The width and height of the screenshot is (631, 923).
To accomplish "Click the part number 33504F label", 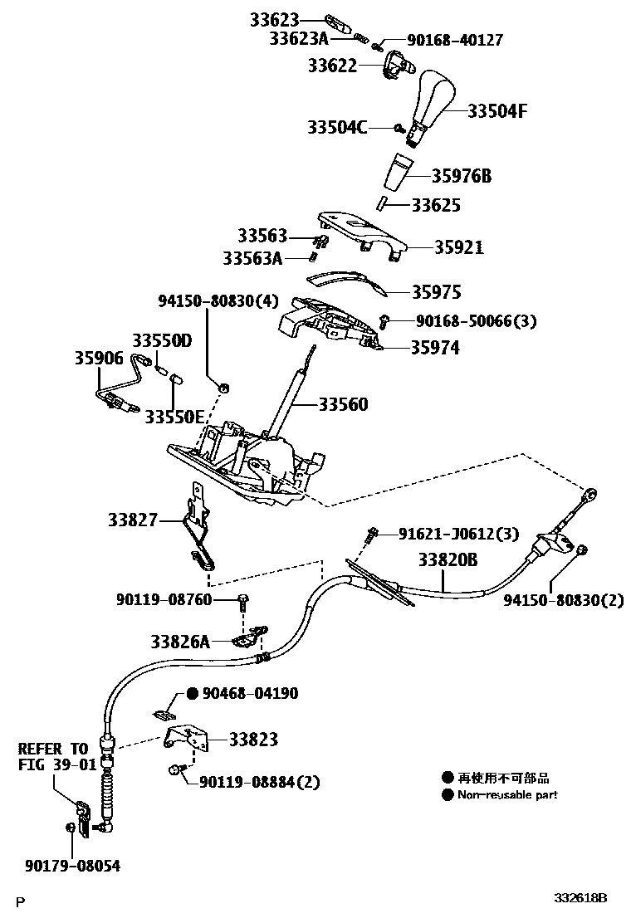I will tap(498, 110).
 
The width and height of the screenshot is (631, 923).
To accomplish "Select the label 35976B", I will tap(462, 176).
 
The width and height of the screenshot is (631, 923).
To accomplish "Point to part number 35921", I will tap(457, 247).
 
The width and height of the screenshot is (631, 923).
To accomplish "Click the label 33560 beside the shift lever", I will tap(342, 405).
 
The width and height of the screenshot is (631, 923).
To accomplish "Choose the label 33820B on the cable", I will tap(448, 560).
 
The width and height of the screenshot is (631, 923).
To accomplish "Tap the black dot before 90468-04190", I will tap(191, 693).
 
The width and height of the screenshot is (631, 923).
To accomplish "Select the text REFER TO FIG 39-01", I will tap(53, 755).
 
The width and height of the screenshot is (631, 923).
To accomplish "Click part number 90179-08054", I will tap(71, 866).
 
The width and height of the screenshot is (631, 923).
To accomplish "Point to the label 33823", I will tap(253, 739).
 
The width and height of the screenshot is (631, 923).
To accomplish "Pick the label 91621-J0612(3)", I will tap(447, 533).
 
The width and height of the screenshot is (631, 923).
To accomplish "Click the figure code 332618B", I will tap(582, 898).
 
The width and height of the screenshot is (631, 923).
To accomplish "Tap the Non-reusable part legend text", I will tap(506, 795).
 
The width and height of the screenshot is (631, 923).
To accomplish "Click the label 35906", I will tap(98, 359).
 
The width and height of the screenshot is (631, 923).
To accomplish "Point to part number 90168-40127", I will tap(454, 39).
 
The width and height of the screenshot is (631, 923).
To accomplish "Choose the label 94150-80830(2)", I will tap(563, 599).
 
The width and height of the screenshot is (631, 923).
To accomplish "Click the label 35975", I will tap(438, 292).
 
